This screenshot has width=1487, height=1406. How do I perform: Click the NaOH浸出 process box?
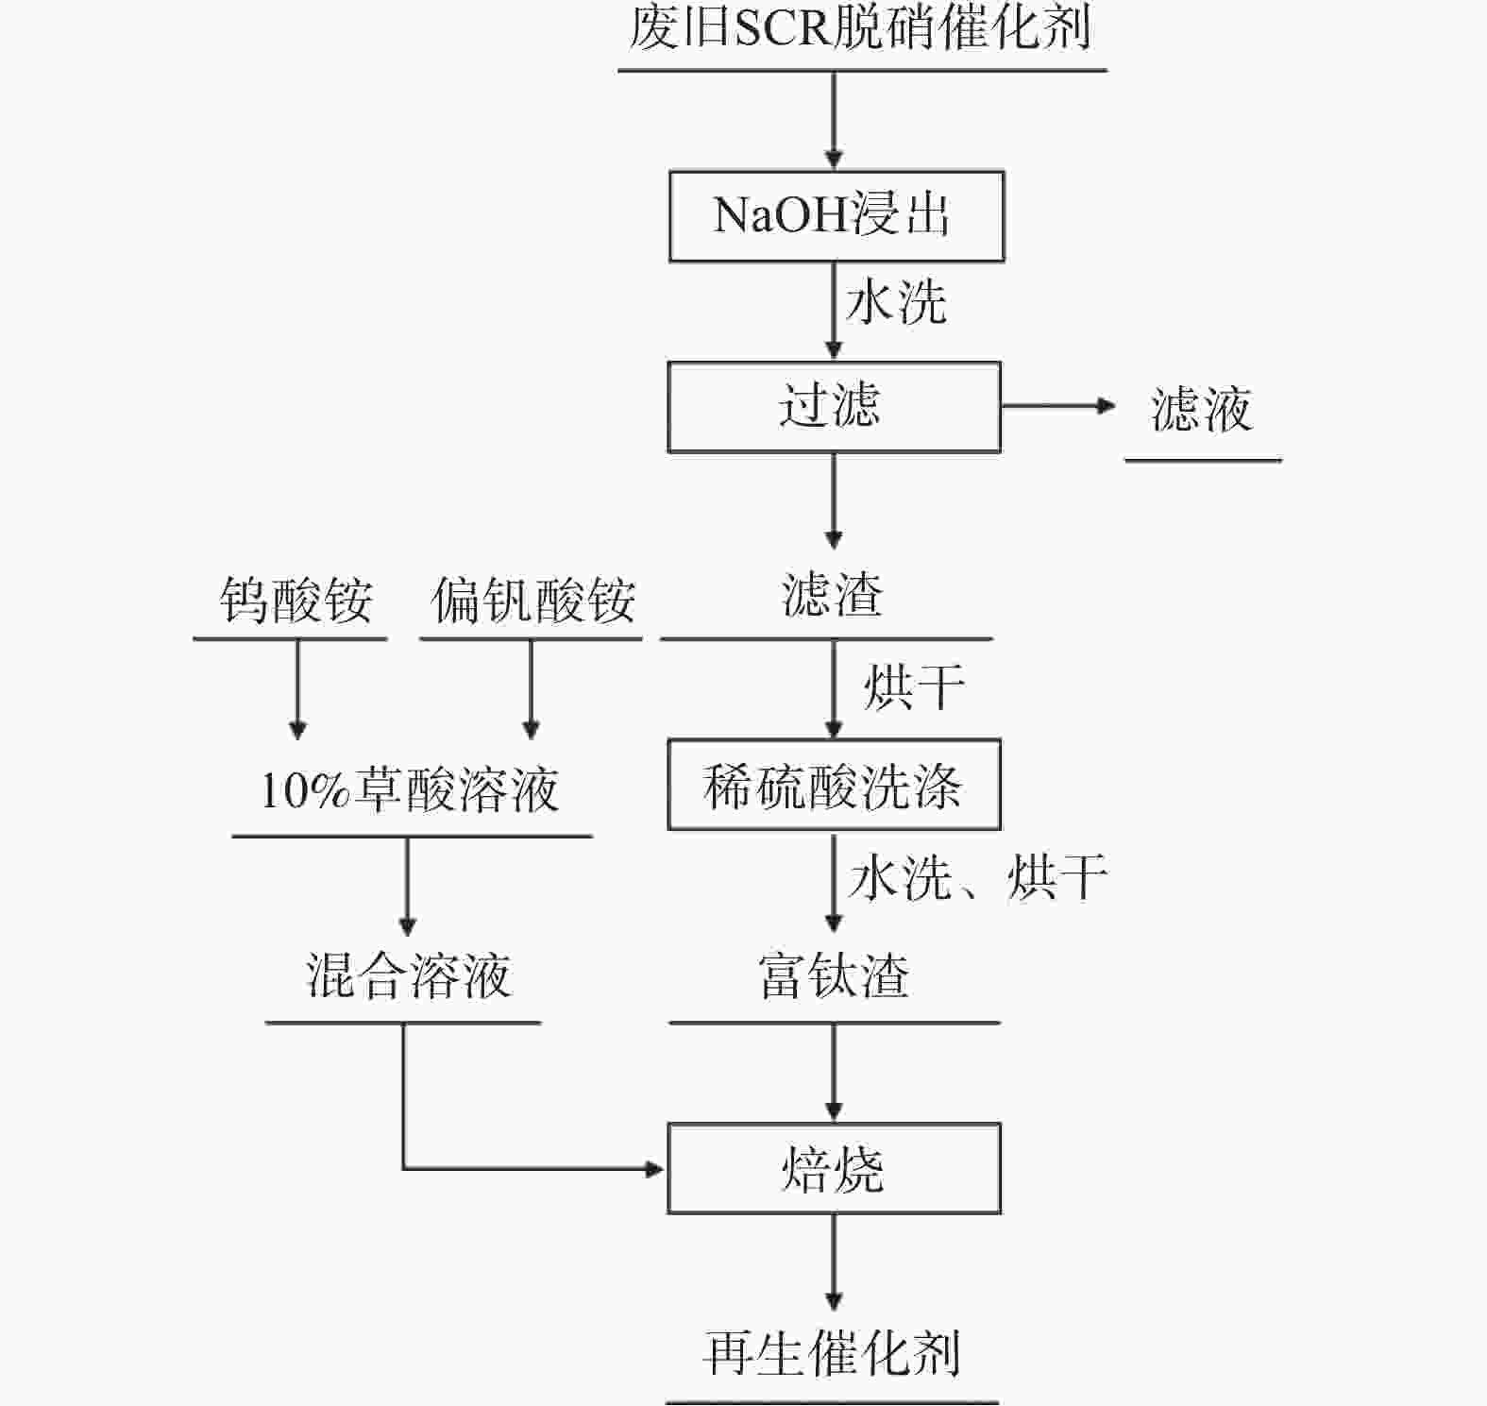[x=836, y=216]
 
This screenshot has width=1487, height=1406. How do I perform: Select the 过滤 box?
[x=834, y=407]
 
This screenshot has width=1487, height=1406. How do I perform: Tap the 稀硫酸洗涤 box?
[x=834, y=785]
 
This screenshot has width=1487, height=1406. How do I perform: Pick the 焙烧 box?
[x=834, y=1169]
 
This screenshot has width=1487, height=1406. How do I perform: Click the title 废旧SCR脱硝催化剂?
[x=861, y=28]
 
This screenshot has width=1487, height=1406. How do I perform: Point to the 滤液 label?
[x=1201, y=411]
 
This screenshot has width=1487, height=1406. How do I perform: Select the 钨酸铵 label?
[x=296, y=601]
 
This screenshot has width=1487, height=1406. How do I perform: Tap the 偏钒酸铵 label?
[x=532, y=601]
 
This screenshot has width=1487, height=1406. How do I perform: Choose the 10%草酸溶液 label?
[x=410, y=790]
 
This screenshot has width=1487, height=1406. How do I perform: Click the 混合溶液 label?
[x=408, y=976]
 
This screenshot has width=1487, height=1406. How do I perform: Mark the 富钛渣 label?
[x=834, y=976]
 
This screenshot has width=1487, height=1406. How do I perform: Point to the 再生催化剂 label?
[x=832, y=1353]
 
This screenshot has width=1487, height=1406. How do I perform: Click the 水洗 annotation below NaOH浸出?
[x=896, y=304]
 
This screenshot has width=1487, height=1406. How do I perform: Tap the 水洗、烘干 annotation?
[x=977, y=878]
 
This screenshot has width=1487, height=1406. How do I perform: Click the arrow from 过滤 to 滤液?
[x=1057, y=407]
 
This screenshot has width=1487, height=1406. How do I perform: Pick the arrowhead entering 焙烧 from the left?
[x=653, y=1169]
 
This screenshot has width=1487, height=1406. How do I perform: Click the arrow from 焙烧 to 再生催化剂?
[x=834, y=1261]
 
